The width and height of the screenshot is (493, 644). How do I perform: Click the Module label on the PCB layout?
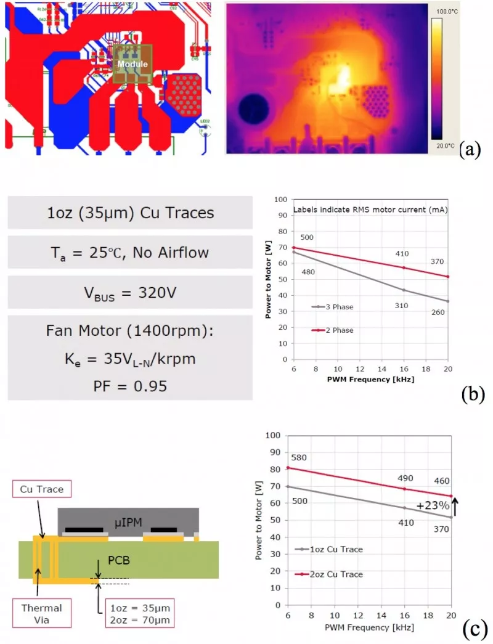point(132,64)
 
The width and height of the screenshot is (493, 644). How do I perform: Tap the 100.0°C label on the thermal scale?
point(444,12)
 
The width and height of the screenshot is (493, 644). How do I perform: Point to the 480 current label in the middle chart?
point(308,272)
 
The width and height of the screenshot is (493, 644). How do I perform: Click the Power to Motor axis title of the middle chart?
point(268,279)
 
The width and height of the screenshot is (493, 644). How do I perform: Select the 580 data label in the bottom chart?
point(298,458)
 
